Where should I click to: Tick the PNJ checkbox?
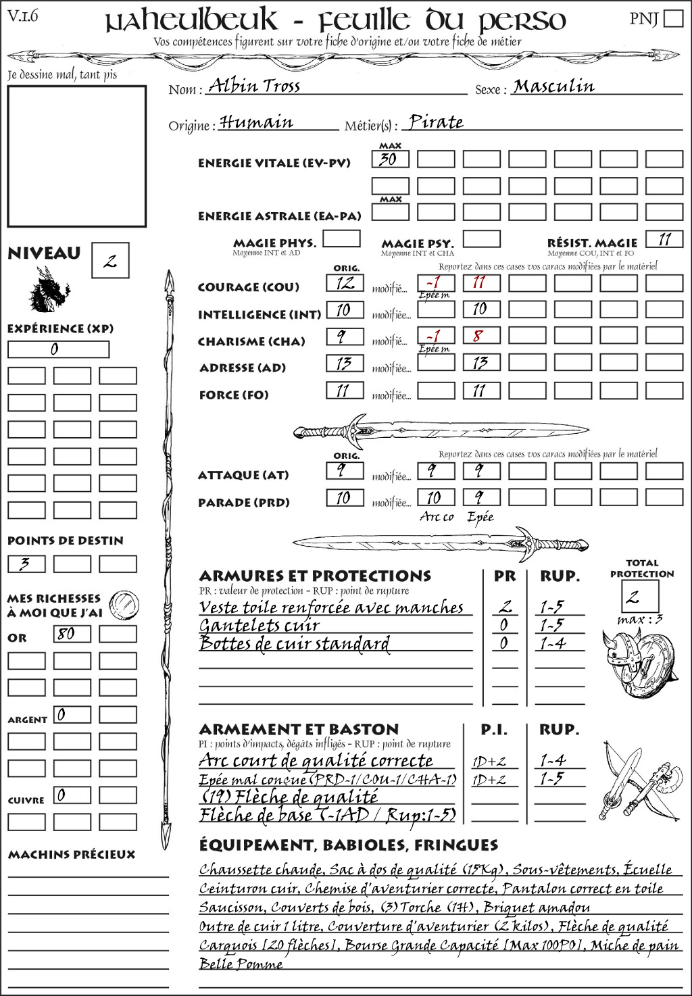tap(673, 18)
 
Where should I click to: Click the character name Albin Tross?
tap(254, 86)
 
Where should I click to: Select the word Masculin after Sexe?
tap(553, 86)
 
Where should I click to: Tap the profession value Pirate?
tap(437, 122)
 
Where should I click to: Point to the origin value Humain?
tap(257, 122)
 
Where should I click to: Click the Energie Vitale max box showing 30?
tap(390, 159)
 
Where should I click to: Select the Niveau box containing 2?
tap(110, 261)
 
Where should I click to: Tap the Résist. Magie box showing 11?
tap(664, 239)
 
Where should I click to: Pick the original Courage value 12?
tap(345, 283)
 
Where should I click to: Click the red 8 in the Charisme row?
tap(479, 336)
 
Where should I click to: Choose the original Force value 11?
tap(345, 391)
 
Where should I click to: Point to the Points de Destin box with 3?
tap(26, 564)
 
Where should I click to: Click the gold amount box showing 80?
tap(72, 634)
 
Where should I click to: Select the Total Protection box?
tap(639, 596)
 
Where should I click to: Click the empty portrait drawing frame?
tap(76, 156)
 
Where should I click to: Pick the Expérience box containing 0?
tap(58, 349)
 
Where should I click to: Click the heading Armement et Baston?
tap(299, 729)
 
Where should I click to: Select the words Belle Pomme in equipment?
tap(241, 964)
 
